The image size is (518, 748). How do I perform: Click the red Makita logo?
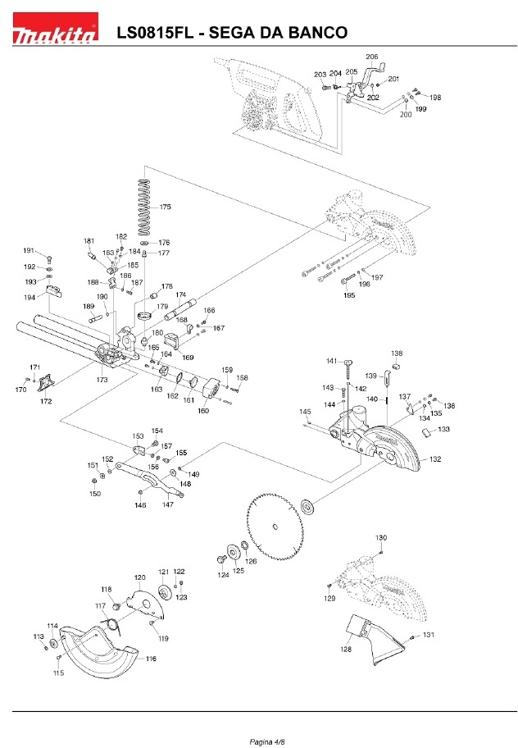pos(55,29)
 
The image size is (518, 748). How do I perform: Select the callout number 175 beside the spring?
pos(165,207)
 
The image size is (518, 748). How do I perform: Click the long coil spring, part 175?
pos(144,208)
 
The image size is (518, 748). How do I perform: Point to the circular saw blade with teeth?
pos(275,527)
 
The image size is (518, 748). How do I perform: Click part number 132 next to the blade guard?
pos(435,459)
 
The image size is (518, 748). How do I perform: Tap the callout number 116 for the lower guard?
pos(151,659)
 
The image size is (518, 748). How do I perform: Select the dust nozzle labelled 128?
pos(374,639)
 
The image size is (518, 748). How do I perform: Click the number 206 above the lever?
pos(372,57)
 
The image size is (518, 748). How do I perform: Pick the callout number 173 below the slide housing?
pos(102,380)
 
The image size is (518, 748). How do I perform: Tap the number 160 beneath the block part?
pos(203,411)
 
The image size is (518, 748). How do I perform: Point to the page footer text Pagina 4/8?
pos(267,741)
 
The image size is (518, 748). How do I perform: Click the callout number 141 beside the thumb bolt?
pos(332,361)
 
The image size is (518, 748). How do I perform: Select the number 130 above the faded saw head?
pos(381,538)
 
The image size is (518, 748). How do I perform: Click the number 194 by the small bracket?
pos(30,297)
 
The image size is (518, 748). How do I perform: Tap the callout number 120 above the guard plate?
pos(139,577)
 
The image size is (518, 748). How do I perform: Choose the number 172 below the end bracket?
pos(46,401)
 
